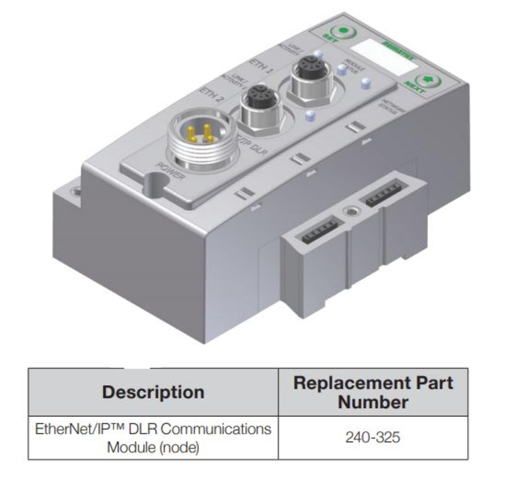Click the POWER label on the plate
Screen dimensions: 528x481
coord(170,171)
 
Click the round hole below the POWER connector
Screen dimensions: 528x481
coord(155,184)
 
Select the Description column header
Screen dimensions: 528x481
coord(153,392)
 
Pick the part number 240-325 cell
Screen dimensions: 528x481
coord(373,437)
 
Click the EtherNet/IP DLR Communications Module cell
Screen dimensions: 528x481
coord(153,438)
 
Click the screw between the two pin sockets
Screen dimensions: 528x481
coord(350,211)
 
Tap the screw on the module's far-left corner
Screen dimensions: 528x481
coord(75,191)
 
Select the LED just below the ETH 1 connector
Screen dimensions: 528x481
coord(310,115)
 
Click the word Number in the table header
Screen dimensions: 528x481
coord(373,402)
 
